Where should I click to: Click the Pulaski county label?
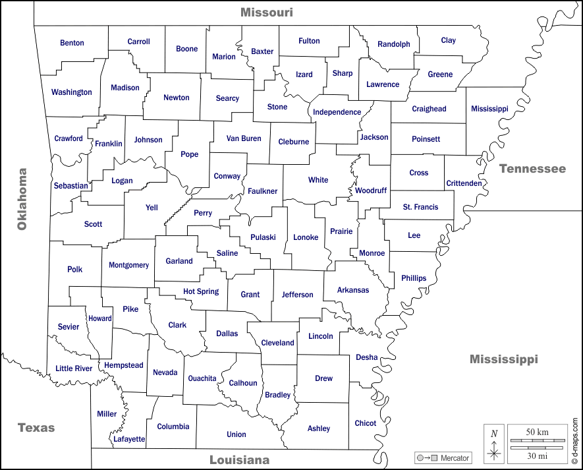(263, 237)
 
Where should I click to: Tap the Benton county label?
(72, 43)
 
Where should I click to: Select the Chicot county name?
(366, 423)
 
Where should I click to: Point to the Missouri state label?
(266, 12)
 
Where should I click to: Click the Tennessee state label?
(532, 169)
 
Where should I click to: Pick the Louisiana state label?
(239, 459)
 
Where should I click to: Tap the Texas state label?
(36, 427)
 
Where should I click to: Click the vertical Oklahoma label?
(22, 199)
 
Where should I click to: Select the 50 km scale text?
(538, 432)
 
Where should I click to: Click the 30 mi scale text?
(538, 455)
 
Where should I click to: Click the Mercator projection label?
(455, 457)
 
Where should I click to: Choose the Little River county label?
(74, 368)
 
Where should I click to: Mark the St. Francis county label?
(420, 207)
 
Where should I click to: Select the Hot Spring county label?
(201, 291)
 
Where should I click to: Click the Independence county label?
(337, 112)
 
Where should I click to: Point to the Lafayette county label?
(129, 438)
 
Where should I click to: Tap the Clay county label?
(449, 40)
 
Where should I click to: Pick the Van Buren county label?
(244, 138)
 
